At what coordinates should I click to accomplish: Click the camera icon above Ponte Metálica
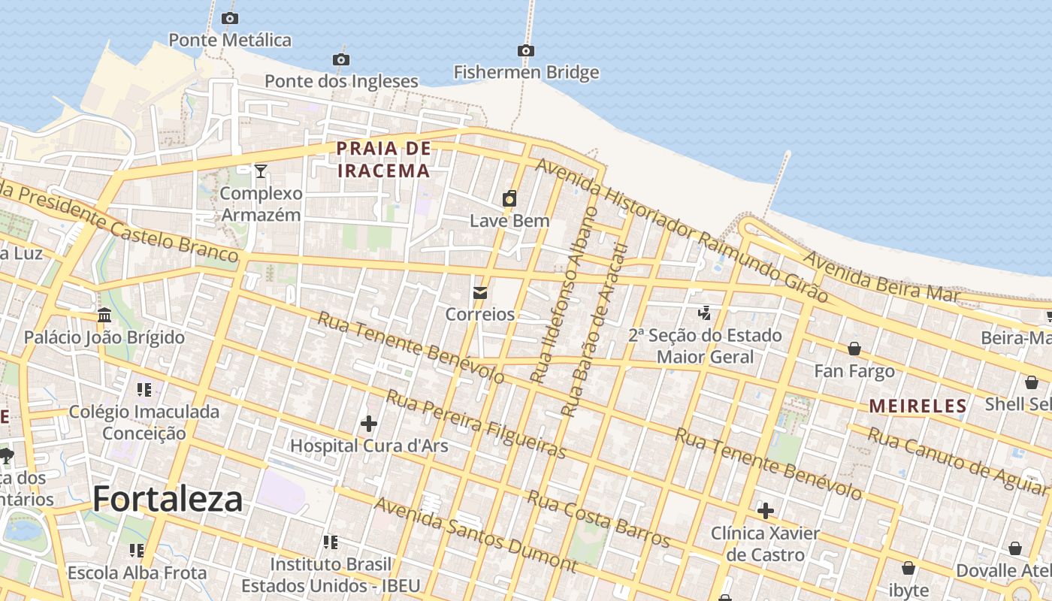[x=230, y=18]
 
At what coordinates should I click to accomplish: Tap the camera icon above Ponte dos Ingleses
[x=340, y=59]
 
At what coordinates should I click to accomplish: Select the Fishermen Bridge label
[x=526, y=72]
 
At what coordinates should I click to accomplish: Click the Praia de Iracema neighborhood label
[x=383, y=159]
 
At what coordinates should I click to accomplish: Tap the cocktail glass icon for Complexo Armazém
[x=260, y=171]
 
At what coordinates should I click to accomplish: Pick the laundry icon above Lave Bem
[x=509, y=198]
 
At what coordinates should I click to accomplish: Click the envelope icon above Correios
[x=480, y=292]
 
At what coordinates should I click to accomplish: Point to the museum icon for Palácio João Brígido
[x=104, y=315]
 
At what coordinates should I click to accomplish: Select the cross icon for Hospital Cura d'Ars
[x=368, y=424]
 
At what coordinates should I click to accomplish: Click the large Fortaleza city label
[x=168, y=499]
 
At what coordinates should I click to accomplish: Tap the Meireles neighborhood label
[x=917, y=406]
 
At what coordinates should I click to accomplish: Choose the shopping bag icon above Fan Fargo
[x=854, y=349]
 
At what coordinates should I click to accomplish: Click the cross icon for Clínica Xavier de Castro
[x=765, y=512]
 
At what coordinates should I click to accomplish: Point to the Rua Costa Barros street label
[x=598, y=518]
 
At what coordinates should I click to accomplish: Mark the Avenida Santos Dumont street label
[x=475, y=534]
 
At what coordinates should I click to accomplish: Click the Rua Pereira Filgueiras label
[x=476, y=424]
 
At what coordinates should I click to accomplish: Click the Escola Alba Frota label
[x=137, y=572]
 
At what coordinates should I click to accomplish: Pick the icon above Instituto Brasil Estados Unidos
[x=330, y=542]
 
